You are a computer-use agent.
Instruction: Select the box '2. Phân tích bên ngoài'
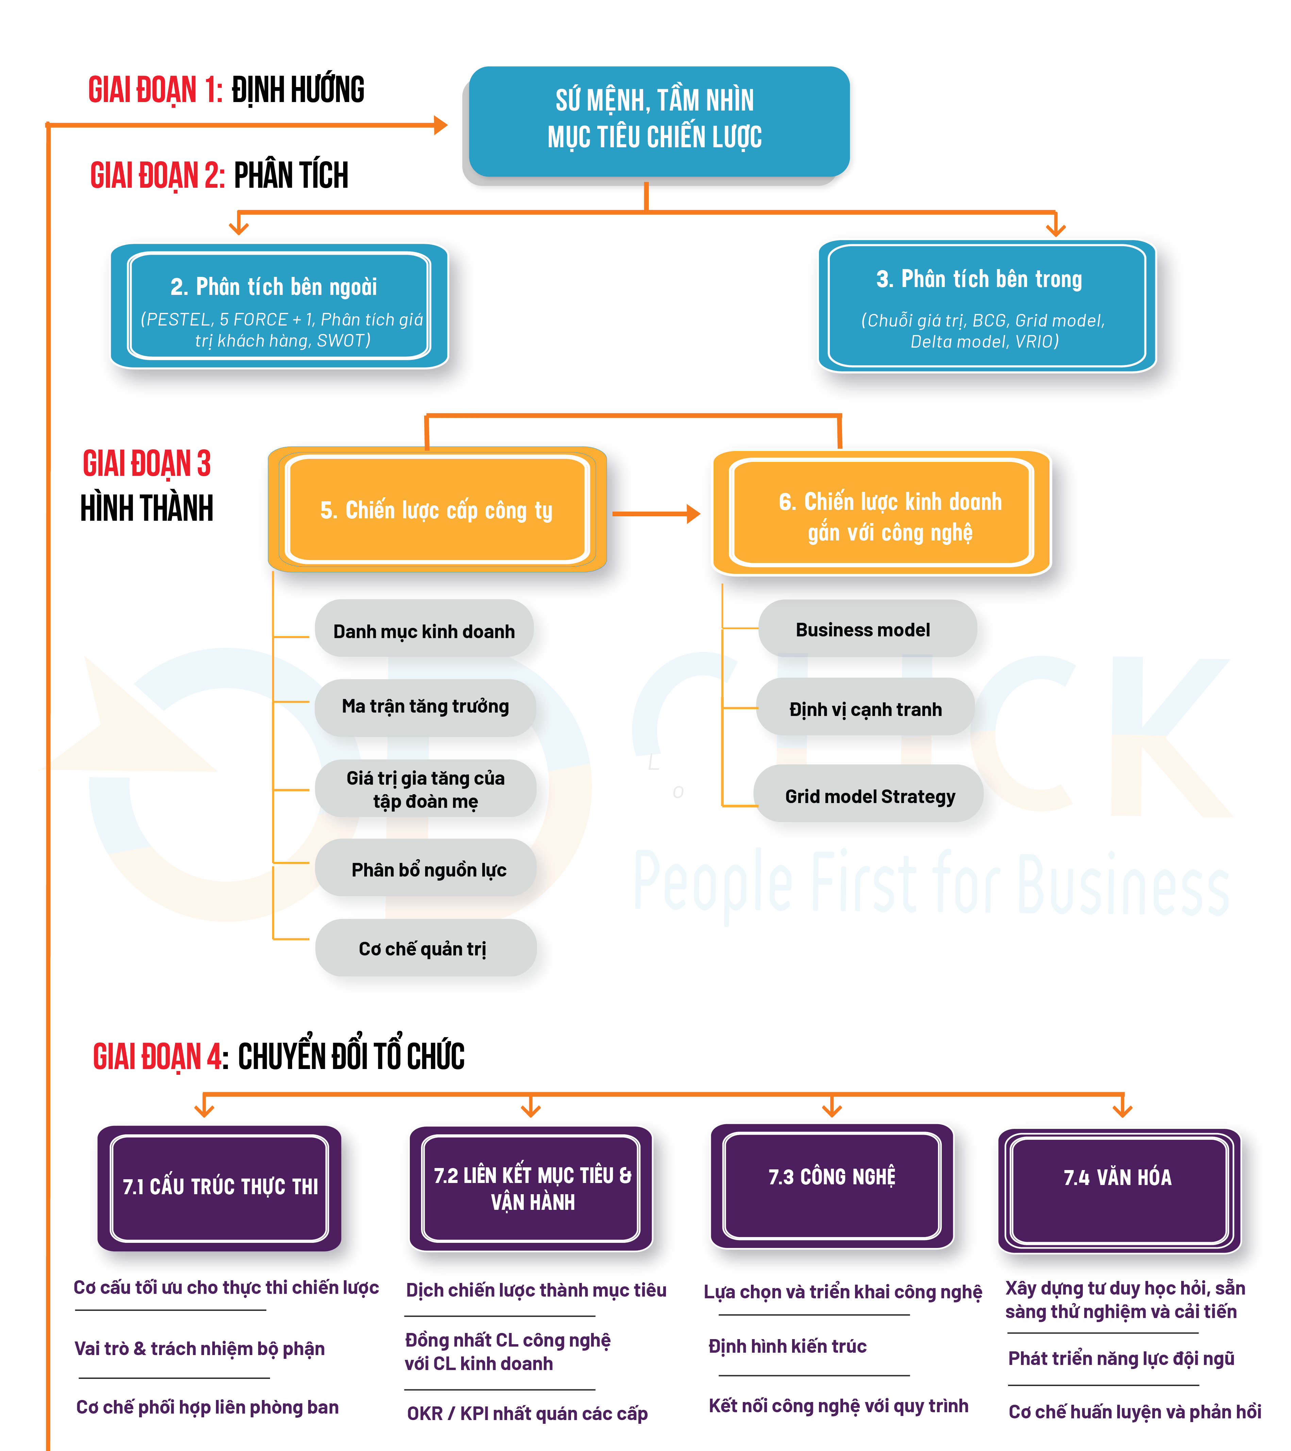pos(279,306)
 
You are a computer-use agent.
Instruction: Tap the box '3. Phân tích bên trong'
pos(987,306)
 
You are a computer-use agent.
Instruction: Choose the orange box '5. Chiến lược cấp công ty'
pos(436,510)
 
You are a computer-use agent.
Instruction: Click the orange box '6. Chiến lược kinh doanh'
pos(882,513)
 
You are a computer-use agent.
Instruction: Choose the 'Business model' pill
pos(867,629)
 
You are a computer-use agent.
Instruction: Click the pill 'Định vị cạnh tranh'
pos(865,708)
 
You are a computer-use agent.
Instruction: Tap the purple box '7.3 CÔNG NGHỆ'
pos(832,1185)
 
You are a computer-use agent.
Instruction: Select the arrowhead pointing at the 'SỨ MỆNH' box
pos(440,126)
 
